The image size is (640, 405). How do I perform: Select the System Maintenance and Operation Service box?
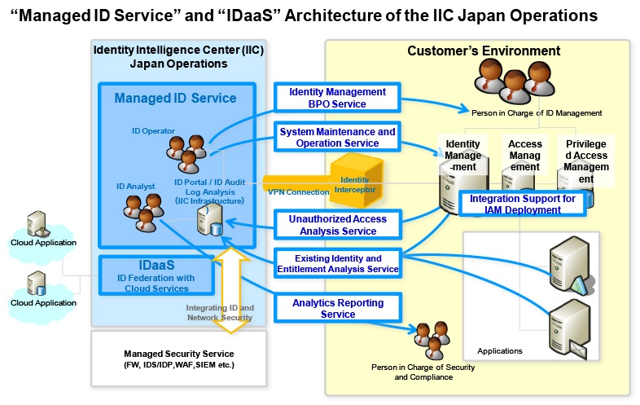click(x=337, y=137)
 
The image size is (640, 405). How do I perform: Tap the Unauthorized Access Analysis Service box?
click(x=337, y=225)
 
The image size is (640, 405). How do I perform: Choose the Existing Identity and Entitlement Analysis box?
click(x=337, y=263)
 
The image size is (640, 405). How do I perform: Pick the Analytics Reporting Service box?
click(x=337, y=308)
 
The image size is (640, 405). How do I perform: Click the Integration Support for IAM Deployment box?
click(x=521, y=204)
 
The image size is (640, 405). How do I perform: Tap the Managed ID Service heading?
click(x=175, y=99)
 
